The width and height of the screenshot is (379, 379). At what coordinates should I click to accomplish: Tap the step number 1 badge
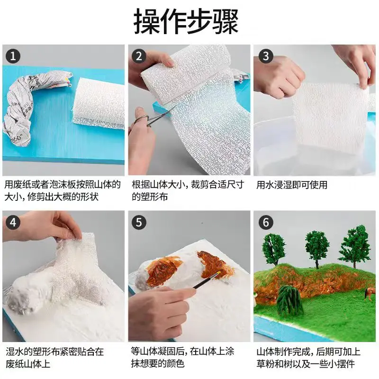[13, 56]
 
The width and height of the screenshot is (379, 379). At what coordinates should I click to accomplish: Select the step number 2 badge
[139, 56]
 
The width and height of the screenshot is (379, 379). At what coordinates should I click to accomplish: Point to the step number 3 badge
[265, 56]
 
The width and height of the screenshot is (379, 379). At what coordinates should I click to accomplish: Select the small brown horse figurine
[368, 294]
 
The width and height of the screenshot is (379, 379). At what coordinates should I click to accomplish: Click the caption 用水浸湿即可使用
[292, 185]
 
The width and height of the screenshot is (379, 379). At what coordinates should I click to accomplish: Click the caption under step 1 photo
[63, 190]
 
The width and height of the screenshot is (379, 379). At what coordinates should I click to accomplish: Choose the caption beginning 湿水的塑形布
[54, 358]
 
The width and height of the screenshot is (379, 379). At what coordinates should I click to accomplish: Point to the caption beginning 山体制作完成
[308, 358]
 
